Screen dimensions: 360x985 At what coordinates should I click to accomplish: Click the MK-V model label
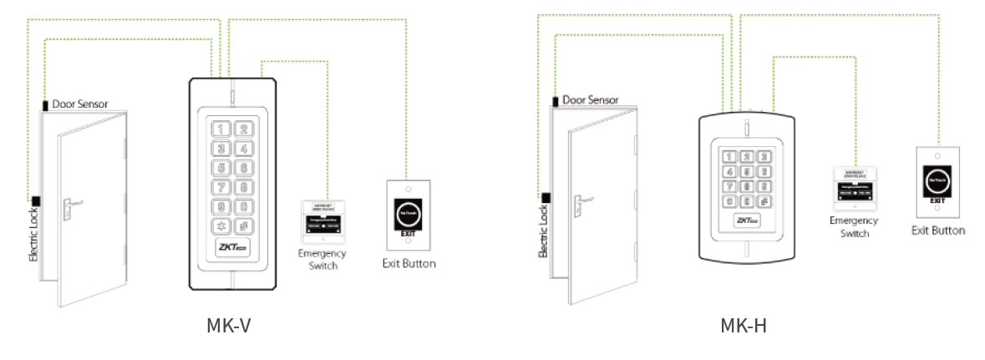[x=228, y=325]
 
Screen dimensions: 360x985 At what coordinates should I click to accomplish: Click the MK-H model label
[x=743, y=325]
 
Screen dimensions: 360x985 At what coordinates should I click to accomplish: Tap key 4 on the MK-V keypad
[x=243, y=149]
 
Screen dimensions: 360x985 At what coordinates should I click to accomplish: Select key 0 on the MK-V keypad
[x=243, y=206]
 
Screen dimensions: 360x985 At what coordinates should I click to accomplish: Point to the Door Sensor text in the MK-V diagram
[x=79, y=104]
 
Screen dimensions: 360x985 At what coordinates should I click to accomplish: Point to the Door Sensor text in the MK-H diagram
[x=590, y=99]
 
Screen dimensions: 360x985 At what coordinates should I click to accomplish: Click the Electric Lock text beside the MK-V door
[x=34, y=235]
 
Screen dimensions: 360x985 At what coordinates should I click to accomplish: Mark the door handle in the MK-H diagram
[x=582, y=198]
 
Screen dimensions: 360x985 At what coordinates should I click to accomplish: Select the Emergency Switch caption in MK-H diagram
[x=854, y=227]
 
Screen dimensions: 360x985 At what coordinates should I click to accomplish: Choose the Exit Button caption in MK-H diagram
[x=937, y=231]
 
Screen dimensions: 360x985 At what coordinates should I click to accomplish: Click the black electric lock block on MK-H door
[x=546, y=198]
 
